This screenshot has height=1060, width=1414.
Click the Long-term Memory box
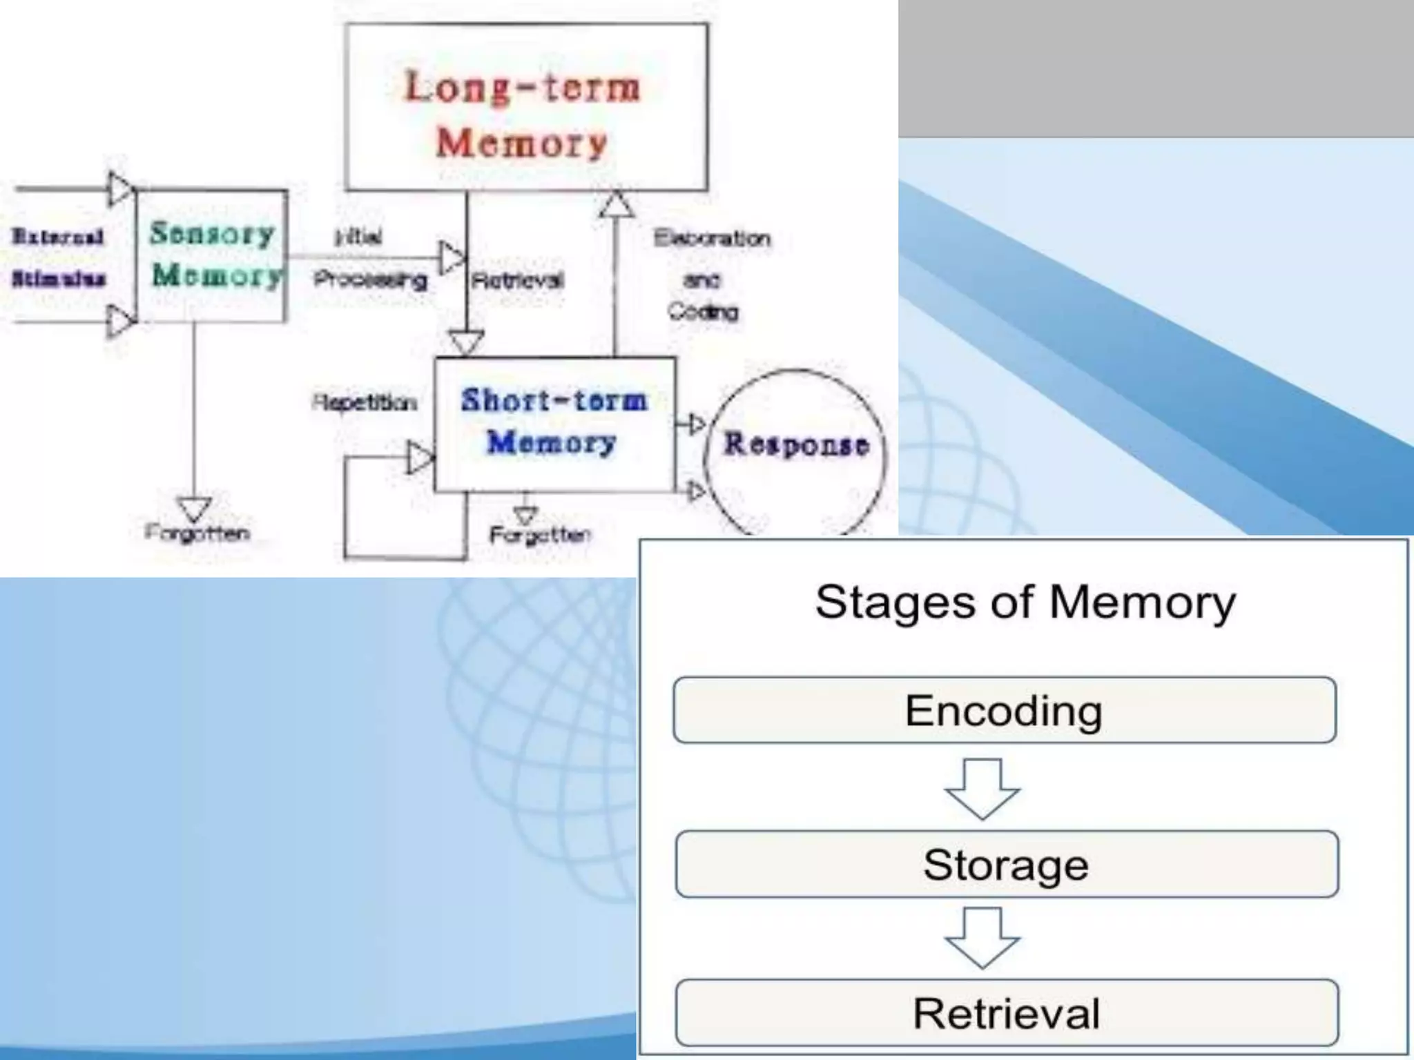526,107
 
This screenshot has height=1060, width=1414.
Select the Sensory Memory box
212,255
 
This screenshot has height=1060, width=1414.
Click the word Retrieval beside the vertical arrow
518,280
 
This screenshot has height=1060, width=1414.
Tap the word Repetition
365,402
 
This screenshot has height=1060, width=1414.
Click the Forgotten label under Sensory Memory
197,533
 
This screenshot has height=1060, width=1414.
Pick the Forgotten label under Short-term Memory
541,535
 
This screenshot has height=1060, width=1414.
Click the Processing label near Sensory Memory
371,279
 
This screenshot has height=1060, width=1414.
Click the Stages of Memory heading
1025,602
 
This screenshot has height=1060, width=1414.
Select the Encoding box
1005,710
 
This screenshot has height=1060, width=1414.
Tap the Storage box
1007,864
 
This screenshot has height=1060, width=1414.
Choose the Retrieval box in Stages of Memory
1007,1013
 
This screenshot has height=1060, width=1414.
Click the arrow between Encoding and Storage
982,789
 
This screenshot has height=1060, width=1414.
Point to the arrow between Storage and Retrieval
982,937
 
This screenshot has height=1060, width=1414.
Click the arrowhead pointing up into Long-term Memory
616,204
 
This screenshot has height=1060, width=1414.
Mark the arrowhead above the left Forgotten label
195,509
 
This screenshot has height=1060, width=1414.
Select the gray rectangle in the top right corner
1156,68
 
